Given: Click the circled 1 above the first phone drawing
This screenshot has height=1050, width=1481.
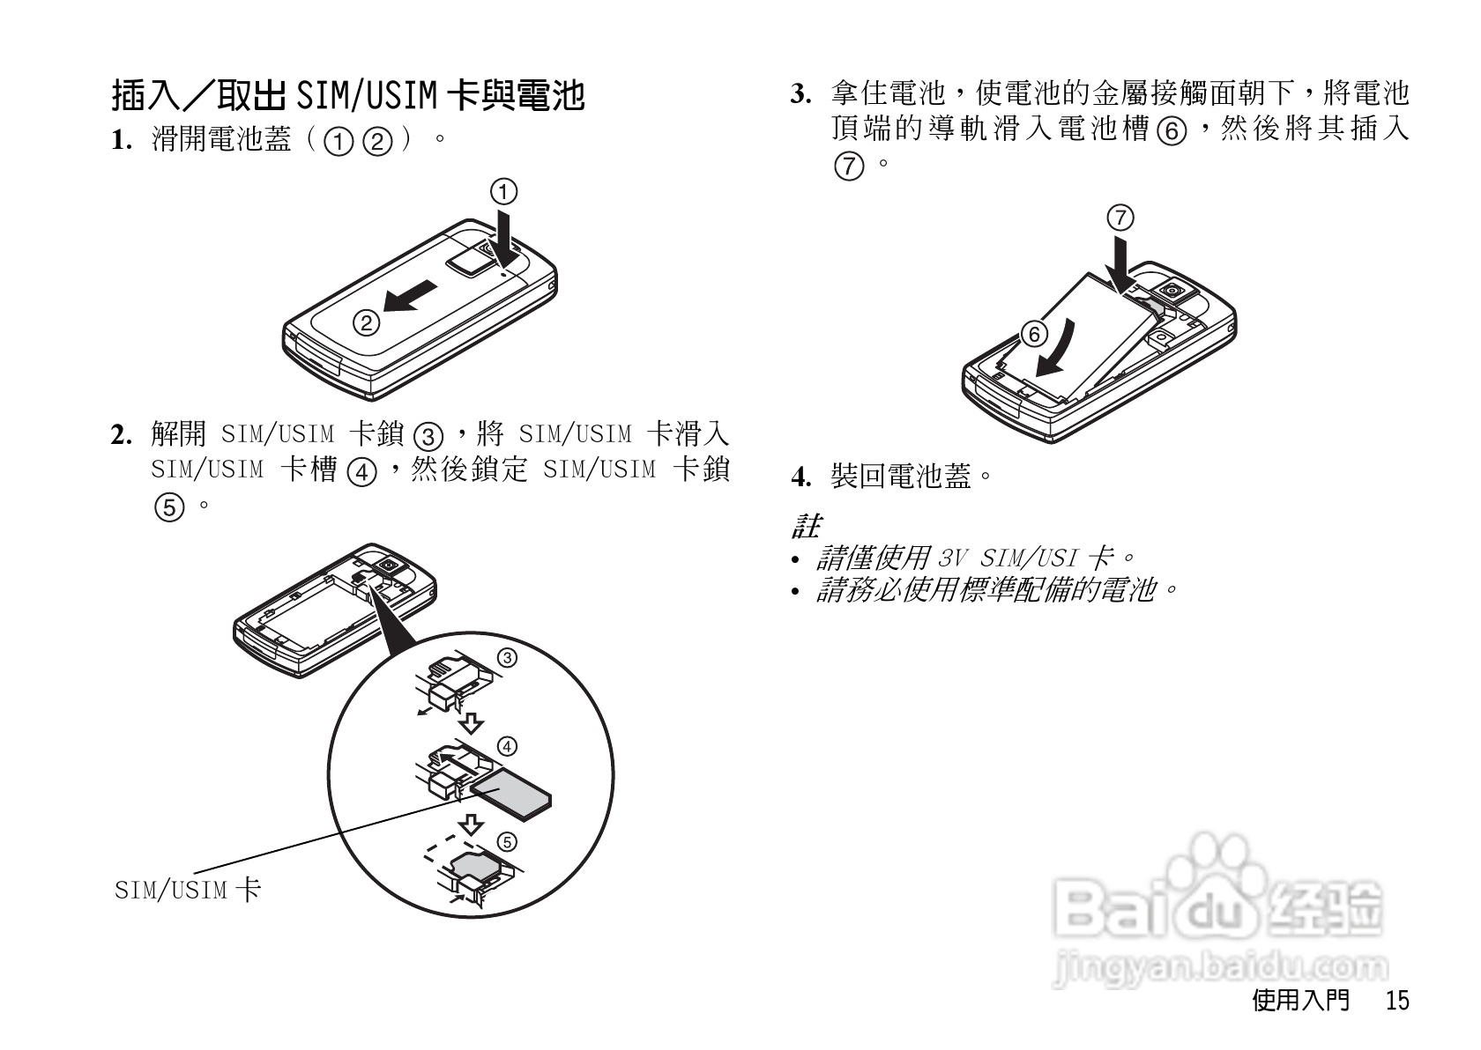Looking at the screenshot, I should (x=503, y=191).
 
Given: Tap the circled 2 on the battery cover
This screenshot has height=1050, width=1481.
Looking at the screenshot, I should (x=366, y=323).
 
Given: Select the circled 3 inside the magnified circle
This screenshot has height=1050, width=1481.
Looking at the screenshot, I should (x=507, y=658).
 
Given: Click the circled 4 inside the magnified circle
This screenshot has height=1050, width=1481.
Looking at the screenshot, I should (x=507, y=747).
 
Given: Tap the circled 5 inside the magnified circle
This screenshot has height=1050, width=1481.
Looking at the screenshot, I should (x=507, y=841).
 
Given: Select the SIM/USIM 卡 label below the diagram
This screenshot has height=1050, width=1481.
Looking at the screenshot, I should (x=188, y=890).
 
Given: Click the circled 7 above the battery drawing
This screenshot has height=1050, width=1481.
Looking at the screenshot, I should (x=1120, y=218).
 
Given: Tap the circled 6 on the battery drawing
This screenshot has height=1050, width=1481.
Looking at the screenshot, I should (x=1034, y=334).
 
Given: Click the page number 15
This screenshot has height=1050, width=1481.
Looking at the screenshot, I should (x=1396, y=1001).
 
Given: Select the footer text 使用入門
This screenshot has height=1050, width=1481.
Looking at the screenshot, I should (x=1300, y=1001).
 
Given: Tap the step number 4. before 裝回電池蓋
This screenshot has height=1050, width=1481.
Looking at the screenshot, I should (x=800, y=478).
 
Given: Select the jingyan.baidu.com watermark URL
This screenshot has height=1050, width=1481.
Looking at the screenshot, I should (x=1220, y=967).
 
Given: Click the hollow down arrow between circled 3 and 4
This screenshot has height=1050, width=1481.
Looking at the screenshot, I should (x=473, y=723).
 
